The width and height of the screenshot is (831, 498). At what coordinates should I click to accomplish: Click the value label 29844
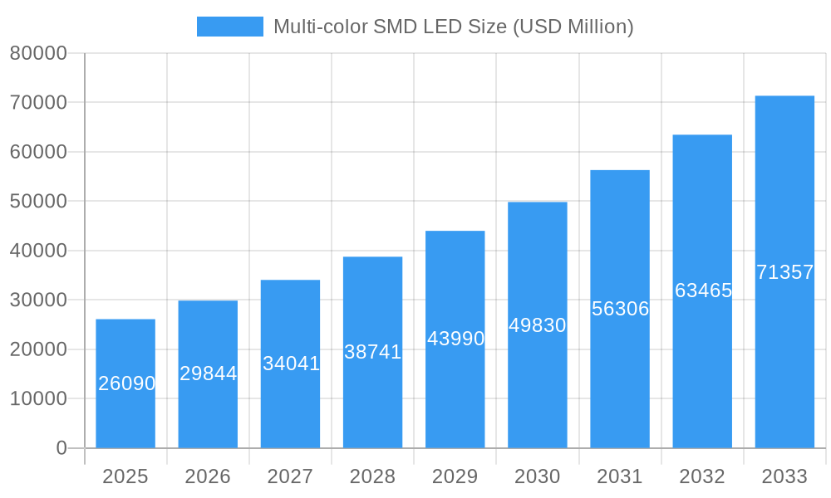coord(208,373)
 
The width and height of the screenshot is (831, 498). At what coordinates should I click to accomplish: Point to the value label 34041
coord(291,364)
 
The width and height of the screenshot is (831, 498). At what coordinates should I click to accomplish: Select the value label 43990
coord(455,339)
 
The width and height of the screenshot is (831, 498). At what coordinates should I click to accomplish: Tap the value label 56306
coord(620,309)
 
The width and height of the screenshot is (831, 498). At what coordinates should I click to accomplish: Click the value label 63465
coord(703,290)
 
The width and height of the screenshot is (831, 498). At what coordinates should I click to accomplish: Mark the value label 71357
coord(784,272)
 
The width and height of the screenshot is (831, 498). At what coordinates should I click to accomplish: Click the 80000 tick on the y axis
coord(38,53)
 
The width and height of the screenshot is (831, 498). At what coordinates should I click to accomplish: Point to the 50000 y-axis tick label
coord(38,202)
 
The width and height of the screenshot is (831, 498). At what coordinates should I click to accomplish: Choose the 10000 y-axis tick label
coord(38,399)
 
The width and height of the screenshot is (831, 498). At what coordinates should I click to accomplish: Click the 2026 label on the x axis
coord(208,476)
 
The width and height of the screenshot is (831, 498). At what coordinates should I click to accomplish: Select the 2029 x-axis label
coord(455,476)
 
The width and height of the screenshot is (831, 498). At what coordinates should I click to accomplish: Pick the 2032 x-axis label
coord(702,476)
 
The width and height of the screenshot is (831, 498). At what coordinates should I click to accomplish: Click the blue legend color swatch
coord(229,27)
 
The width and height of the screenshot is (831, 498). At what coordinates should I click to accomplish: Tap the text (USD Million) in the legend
coord(573,27)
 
